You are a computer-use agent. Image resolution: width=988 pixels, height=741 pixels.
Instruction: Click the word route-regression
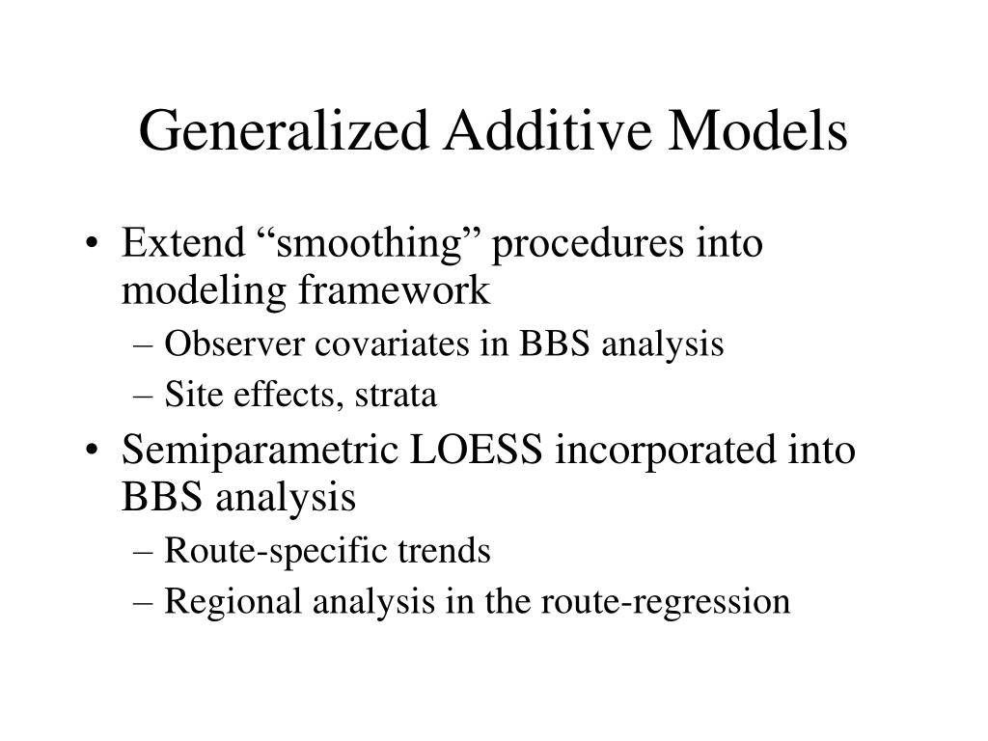point(665,603)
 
